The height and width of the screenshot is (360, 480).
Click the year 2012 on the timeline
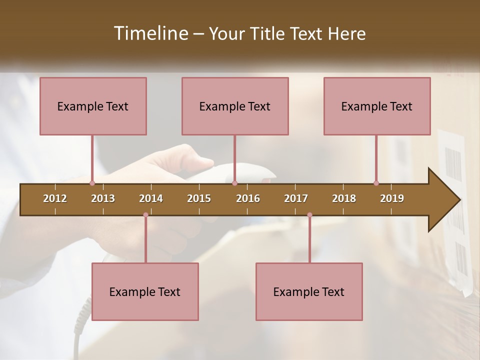55,198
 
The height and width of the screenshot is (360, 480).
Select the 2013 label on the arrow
103,198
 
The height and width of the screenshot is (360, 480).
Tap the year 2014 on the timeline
151,198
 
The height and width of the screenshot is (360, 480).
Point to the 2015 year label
199,198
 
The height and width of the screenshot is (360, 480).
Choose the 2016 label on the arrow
248,198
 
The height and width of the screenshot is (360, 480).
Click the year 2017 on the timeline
296,198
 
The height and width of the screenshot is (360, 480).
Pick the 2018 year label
344,198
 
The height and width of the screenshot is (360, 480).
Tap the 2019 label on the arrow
392,198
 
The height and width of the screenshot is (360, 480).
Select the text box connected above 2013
93,106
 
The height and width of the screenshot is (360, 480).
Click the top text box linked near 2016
235,106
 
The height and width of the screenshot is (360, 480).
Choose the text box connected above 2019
377,106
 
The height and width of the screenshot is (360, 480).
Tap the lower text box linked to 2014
145,292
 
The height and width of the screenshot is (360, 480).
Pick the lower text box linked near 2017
309,292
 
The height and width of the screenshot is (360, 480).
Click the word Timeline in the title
150,33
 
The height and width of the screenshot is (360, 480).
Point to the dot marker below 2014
145,215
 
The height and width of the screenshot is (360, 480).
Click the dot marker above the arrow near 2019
376,183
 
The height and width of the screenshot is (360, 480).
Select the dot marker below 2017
309,215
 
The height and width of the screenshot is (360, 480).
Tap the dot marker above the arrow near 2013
92,183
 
